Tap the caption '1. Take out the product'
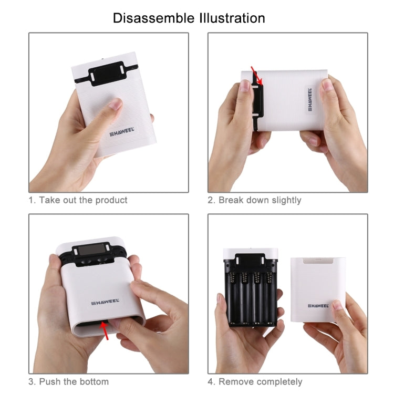point(78,200)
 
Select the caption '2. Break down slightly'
point(254,200)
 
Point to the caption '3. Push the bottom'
point(69,381)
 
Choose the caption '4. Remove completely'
point(255,381)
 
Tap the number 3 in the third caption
point(31,381)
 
